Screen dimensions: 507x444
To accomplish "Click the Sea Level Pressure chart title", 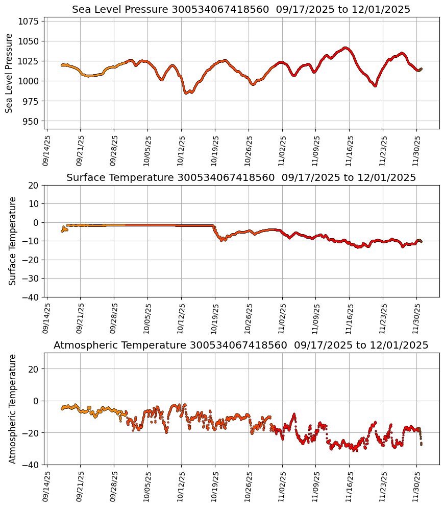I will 241,10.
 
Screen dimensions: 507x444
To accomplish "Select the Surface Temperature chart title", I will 241,178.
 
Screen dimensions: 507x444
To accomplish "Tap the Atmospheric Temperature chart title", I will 241,345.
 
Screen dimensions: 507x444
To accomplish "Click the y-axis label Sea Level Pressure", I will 9,73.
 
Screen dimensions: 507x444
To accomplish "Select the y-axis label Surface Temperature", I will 13,241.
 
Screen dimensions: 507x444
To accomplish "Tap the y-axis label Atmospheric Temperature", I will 13,408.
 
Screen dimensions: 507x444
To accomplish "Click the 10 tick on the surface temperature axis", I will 35,204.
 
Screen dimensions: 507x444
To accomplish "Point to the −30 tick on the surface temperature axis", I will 32,279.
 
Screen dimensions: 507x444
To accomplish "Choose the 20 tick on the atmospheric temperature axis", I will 35,369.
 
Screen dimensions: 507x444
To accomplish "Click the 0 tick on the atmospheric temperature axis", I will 37,401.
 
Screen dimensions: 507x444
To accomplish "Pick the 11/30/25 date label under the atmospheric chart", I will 416,486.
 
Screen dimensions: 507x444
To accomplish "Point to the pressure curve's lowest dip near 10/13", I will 186,93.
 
